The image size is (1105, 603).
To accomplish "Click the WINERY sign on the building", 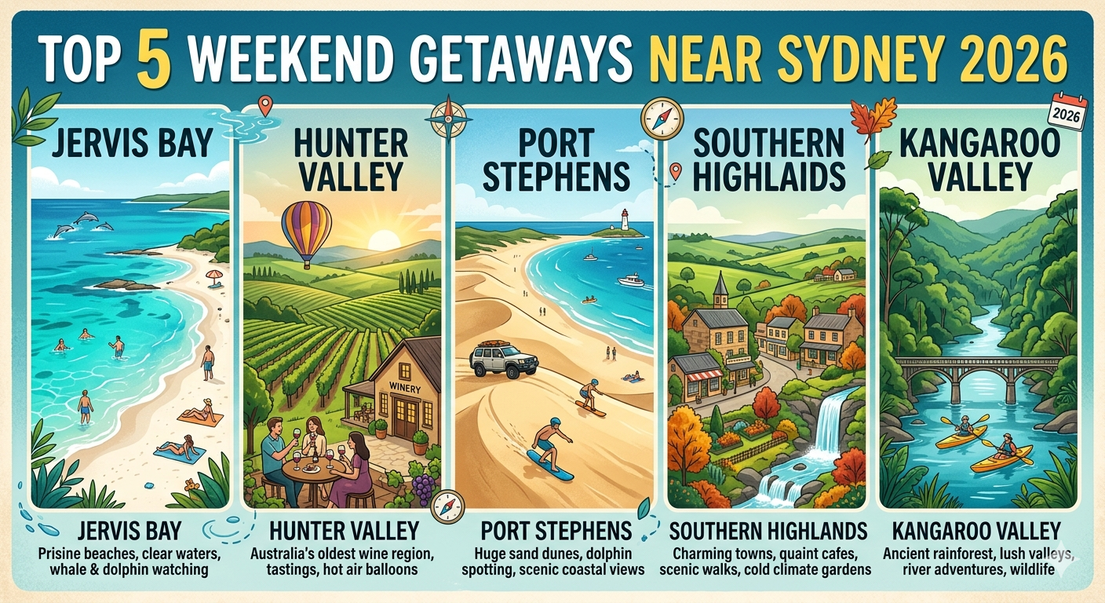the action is (x=405, y=386).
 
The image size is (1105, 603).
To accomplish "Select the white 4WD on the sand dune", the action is (x=503, y=359).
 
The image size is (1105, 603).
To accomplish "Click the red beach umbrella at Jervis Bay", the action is (x=213, y=276).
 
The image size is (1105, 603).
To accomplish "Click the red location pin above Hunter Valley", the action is (x=264, y=104).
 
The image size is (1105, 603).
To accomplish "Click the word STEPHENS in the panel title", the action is (x=556, y=177).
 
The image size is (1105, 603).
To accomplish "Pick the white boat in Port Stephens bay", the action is (x=630, y=280).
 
